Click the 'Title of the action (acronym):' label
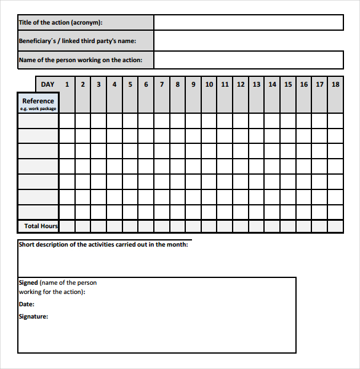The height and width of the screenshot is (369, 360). [x=60, y=23]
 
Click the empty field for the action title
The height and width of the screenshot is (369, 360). [x=248, y=23]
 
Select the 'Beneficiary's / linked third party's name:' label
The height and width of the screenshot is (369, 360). [x=77, y=41]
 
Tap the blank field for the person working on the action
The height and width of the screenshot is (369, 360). [x=248, y=60]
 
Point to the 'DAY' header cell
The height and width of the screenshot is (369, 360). [x=47, y=84]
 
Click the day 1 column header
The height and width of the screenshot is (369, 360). [x=67, y=84]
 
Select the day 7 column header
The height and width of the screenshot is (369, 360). [x=162, y=84]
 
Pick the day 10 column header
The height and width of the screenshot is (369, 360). [x=209, y=84]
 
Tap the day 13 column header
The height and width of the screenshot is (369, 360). [x=257, y=84]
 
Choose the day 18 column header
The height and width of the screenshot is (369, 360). [x=335, y=84]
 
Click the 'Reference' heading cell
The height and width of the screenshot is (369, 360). [x=38, y=101]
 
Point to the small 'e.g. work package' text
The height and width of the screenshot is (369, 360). [x=38, y=109]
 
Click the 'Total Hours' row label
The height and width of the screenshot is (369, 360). [x=41, y=226]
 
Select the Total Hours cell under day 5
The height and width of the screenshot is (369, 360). [x=130, y=226]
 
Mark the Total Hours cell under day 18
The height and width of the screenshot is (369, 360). [x=335, y=226]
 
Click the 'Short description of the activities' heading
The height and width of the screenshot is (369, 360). [x=103, y=244]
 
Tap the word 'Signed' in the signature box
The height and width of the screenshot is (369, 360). [x=28, y=283]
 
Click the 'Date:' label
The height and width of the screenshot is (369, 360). [x=26, y=304]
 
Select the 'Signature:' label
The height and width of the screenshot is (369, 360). [x=33, y=317]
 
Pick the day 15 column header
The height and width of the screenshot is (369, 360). [x=288, y=84]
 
